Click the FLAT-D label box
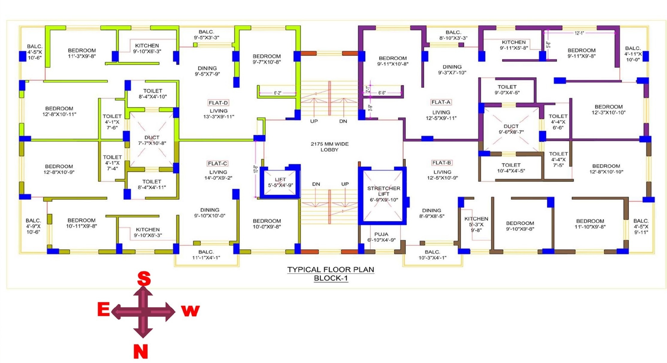coord(218,103)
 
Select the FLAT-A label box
coord(441,102)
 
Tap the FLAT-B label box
coord(441,163)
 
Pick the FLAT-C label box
coord(217,164)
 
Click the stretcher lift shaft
coord(382,196)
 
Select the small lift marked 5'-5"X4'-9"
coord(280,182)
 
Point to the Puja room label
coord(381,237)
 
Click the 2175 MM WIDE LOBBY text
coord(329,147)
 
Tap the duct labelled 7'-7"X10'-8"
coord(152,140)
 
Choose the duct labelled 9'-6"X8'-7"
coord(511,129)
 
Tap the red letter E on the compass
coord(104,309)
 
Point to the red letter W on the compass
coord(190,311)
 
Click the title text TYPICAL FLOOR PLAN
coord(331,270)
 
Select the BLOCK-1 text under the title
coord(331,278)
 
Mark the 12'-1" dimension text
coord(579,33)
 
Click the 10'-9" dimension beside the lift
coord(255,169)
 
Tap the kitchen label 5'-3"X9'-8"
coord(476,225)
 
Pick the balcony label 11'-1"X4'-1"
coord(206,255)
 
